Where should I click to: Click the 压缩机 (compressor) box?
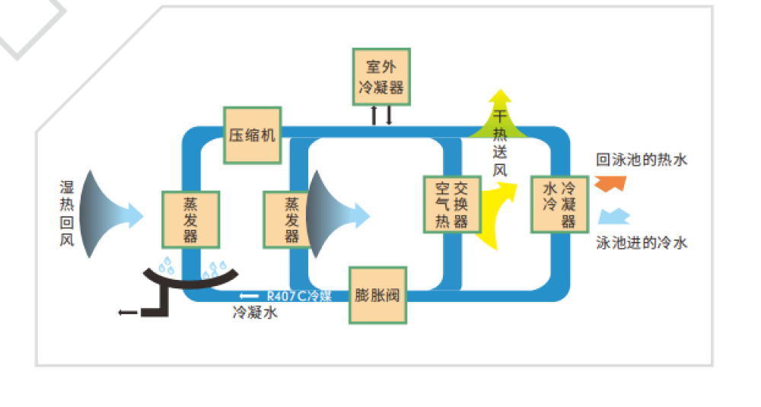tap(252, 135)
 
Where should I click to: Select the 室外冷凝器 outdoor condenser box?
tap(380, 77)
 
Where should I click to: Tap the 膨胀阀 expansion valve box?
tap(377, 295)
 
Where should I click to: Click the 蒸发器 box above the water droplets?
tap(190, 219)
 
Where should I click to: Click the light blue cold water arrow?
tap(614, 217)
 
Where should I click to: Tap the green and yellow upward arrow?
tap(500, 114)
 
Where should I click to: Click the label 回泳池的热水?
tap(642, 161)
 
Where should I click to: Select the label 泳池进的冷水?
tap(642, 243)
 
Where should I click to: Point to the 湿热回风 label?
tap(67, 215)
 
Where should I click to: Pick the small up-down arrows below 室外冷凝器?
tap(381, 116)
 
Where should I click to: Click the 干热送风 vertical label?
tap(500, 144)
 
